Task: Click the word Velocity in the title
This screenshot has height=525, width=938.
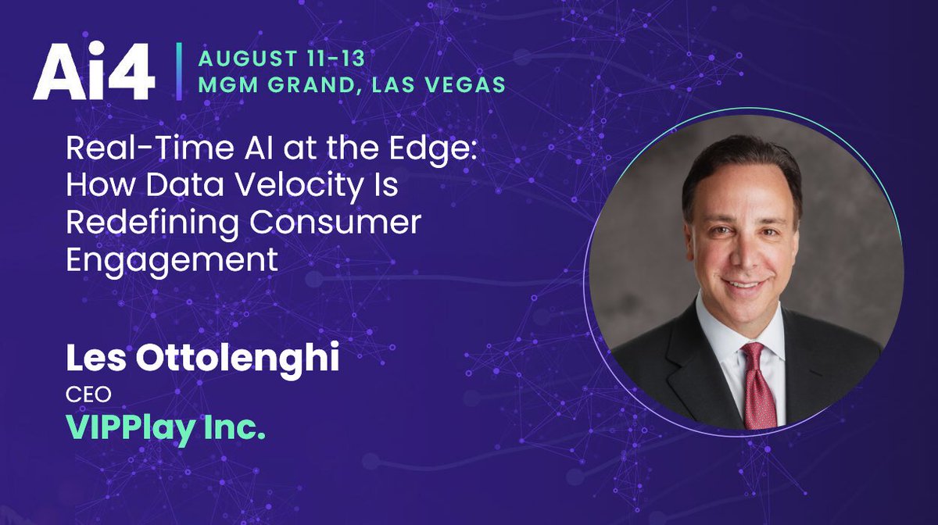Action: pyautogui.click(x=281, y=187)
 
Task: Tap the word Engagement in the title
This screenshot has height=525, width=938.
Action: pyautogui.click(x=172, y=260)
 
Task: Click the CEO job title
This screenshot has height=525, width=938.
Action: pyautogui.click(x=81, y=397)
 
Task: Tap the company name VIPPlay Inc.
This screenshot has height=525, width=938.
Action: pyautogui.click(x=166, y=428)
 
